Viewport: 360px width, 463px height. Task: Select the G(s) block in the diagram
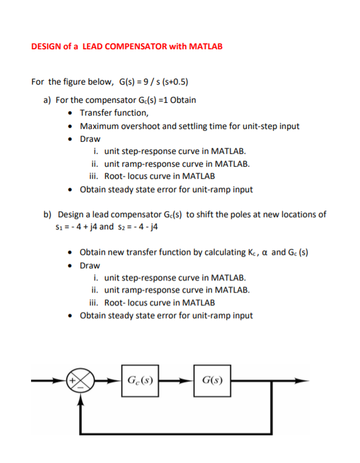(213, 382)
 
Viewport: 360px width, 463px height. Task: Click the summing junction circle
(79, 383)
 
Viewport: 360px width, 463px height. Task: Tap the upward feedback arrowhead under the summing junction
(79, 397)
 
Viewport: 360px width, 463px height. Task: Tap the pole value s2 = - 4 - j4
(140, 227)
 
